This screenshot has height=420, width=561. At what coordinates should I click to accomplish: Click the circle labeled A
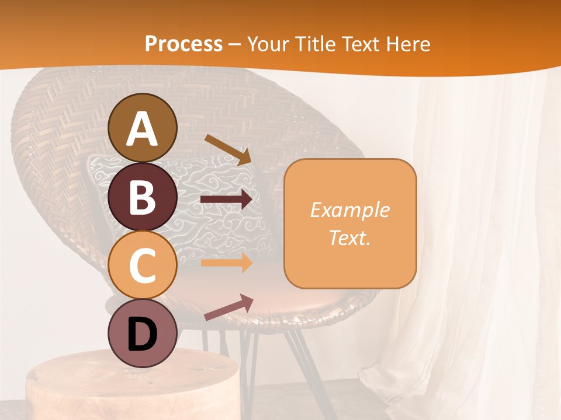[x=142, y=128]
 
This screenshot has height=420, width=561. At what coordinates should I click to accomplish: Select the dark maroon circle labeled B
[x=142, y=197]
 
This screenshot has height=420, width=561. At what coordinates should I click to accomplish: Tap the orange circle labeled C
[x=142, y=265]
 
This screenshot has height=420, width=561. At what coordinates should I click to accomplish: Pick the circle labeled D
[x=142, y=333]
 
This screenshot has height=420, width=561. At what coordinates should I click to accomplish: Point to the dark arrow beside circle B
[x=226, y=199]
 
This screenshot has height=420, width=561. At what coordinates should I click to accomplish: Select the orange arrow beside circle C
[x=226, y=262]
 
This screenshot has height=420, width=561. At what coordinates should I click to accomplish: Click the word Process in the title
[x=183, y=44]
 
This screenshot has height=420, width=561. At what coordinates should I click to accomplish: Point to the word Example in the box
[x=349, y=210]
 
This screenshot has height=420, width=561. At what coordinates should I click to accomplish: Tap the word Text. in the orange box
[x=349, y=237]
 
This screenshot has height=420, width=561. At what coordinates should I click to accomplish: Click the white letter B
[x=142, y=197]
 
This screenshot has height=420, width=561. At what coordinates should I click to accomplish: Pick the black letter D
[x=142, y=334]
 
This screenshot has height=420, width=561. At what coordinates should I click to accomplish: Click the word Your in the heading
[x=269, y=44]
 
